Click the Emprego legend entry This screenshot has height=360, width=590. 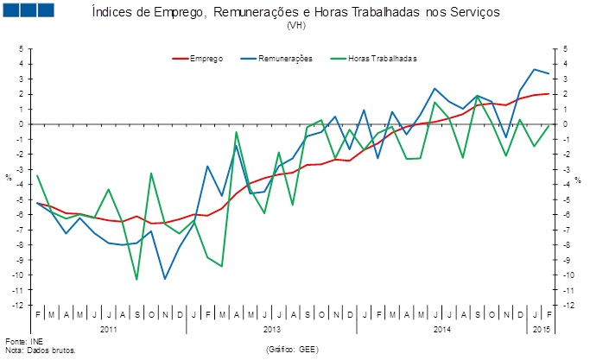pyautogui.click(x=206, y=59)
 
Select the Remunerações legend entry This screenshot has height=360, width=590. pyautogui.click(x=283, y=59)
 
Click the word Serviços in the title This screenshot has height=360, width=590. pyautogui.click(x=473, y=15)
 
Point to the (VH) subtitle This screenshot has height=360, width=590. pyautogui.click(x=295, y=27)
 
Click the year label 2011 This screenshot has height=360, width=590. pyautogui.click(x=109, y=330)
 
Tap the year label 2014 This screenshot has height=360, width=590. pyautogui.click(x=441, y=330)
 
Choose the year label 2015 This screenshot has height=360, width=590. pyautogui.click(x=542, y=330)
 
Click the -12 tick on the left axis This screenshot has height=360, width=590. pyautogui.click(x=17, y=305)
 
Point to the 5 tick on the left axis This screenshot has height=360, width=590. pyautogui.click(x=20, y=48)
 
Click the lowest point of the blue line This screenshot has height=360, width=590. pyautogui.click(x=165, y=278)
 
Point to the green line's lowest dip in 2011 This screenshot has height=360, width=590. pyautogui.click(x=136, y=279)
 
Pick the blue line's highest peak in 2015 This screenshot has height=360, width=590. pyautogui.click(x=535, y=69)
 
